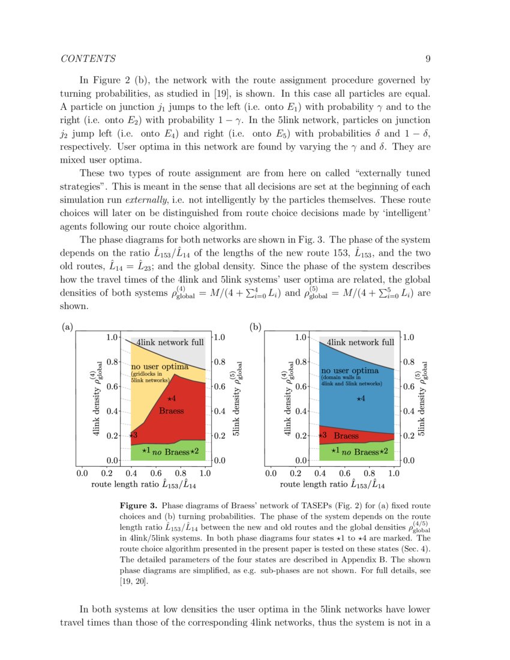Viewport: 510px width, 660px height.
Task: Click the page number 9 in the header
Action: pyautogui.click(x=428, y=58)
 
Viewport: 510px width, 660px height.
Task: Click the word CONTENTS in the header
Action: pyautogui.click(x=88, y=58)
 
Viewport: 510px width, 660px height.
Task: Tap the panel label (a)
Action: pyautogui.click(x=67, y=328)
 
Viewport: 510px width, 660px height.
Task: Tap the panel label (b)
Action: pyautogui.click(x=256, y=328)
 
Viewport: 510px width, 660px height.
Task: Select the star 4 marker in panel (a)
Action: pyautogui.click(x=170, y=398)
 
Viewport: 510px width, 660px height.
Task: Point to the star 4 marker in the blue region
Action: pyautogui.click(x=360, y=398)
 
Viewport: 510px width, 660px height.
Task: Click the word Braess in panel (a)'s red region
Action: pyautogui.click(x=171, y=411)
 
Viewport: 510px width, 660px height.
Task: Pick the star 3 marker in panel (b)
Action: pyautogui.click(x=322, y=435)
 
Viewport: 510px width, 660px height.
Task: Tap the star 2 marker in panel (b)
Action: pyautogui.click(x=384, y=451)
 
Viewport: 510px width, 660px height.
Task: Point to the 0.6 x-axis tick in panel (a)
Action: pyautogui.click(x=156, y=473)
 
